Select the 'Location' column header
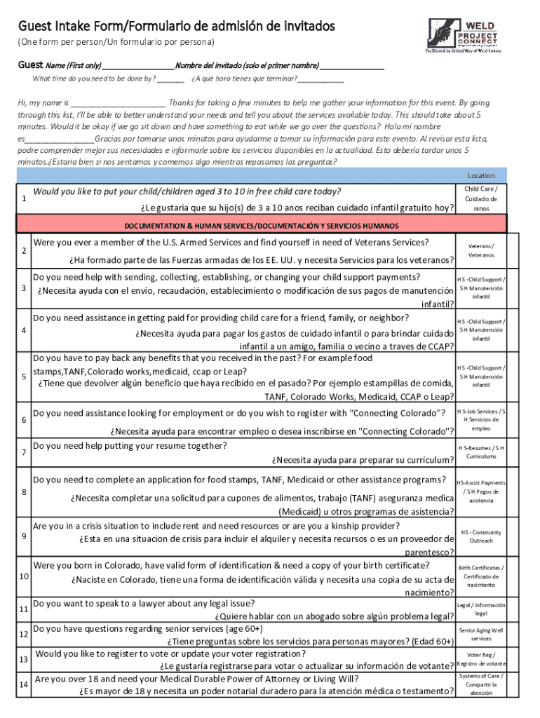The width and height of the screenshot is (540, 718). pyautogui.click(x=481, y=175)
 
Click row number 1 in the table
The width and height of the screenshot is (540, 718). pyautogui.click(x=24, y=199)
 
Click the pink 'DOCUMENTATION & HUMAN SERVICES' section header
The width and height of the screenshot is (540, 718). pyautogui.click(x=262, y=226)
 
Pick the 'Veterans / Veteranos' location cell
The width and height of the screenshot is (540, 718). pyautogui.click(x=481, y=250)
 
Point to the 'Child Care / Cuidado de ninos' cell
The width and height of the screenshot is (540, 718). pyautogui.click(x=481, y=198)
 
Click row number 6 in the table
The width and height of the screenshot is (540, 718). pyautogui.click(x=24, y=420)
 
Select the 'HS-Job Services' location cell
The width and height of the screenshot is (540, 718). pyautogui.click(x=481, y=419)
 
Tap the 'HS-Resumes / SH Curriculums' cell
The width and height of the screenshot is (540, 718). pyautogui.click(x=481, y=452)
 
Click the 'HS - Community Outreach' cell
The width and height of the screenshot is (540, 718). pyautogui.click(x=481, y=536)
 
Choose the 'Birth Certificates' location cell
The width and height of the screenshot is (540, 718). pyautogui.click(x=481, y=576)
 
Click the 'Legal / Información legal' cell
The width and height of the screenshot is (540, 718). pyautogui.click(x=481, y=609)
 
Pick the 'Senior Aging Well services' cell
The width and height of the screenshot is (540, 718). pyautogui.click(x=481, y=635)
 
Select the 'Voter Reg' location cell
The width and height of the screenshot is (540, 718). pyautogui.click(x=481, y=659)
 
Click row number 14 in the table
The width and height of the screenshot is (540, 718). pyautogui.click(x=24, y=685)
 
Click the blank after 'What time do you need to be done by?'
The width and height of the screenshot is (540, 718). pyautogui.click(x=170, y=79)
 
